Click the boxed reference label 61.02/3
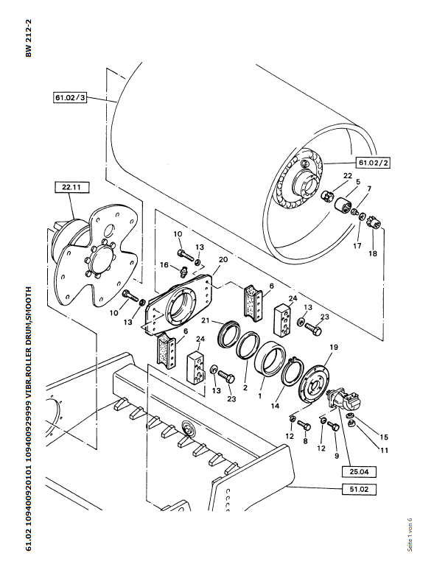pos(69,96)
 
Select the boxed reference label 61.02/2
pos(374,162)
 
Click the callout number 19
pos(333,347)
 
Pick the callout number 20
pos(223,259)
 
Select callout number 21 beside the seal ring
pos(207,320)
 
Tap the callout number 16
pos(164,264)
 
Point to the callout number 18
pos(373,253)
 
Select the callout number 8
pos(306,443)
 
